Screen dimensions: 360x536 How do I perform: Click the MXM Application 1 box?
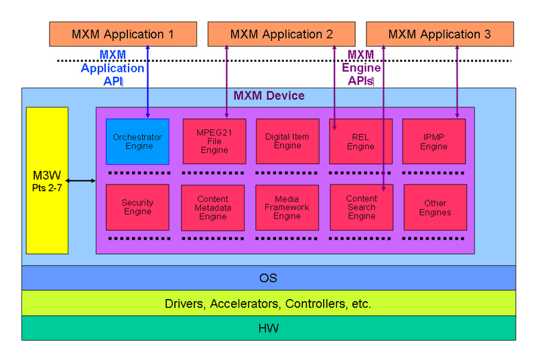tap(123, 34)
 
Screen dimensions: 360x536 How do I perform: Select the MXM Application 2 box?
tap(281, 34)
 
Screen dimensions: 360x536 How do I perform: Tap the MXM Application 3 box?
tap(440, 34)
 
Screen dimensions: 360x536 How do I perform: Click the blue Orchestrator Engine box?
tap(137, 141)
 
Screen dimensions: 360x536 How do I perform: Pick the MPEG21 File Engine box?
tap(214, 141)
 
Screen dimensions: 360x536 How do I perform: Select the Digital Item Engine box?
tap(287, 141)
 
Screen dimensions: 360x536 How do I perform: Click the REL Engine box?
tap(361, 141)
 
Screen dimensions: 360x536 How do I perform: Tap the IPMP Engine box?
tap(433, 141)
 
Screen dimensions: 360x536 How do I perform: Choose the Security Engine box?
tap(137, 207)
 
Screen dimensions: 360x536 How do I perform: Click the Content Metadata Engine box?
tap(213, 208)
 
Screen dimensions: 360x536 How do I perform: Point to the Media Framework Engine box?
tap(287, 208)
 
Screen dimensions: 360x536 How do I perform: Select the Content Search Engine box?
tap(361, 208)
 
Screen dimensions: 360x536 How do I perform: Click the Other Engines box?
tap(435, 208)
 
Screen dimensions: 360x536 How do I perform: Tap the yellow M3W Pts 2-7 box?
tap(47, 180)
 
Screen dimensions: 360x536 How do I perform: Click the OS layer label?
tap(268, 278)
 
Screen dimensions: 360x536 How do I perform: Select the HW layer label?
tap(268, 328)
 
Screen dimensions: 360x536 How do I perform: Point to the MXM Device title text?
tap(269, 96)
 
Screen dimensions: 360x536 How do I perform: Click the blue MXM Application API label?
tap(113, 68)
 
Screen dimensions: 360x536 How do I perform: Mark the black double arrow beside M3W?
tap(82, 180)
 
